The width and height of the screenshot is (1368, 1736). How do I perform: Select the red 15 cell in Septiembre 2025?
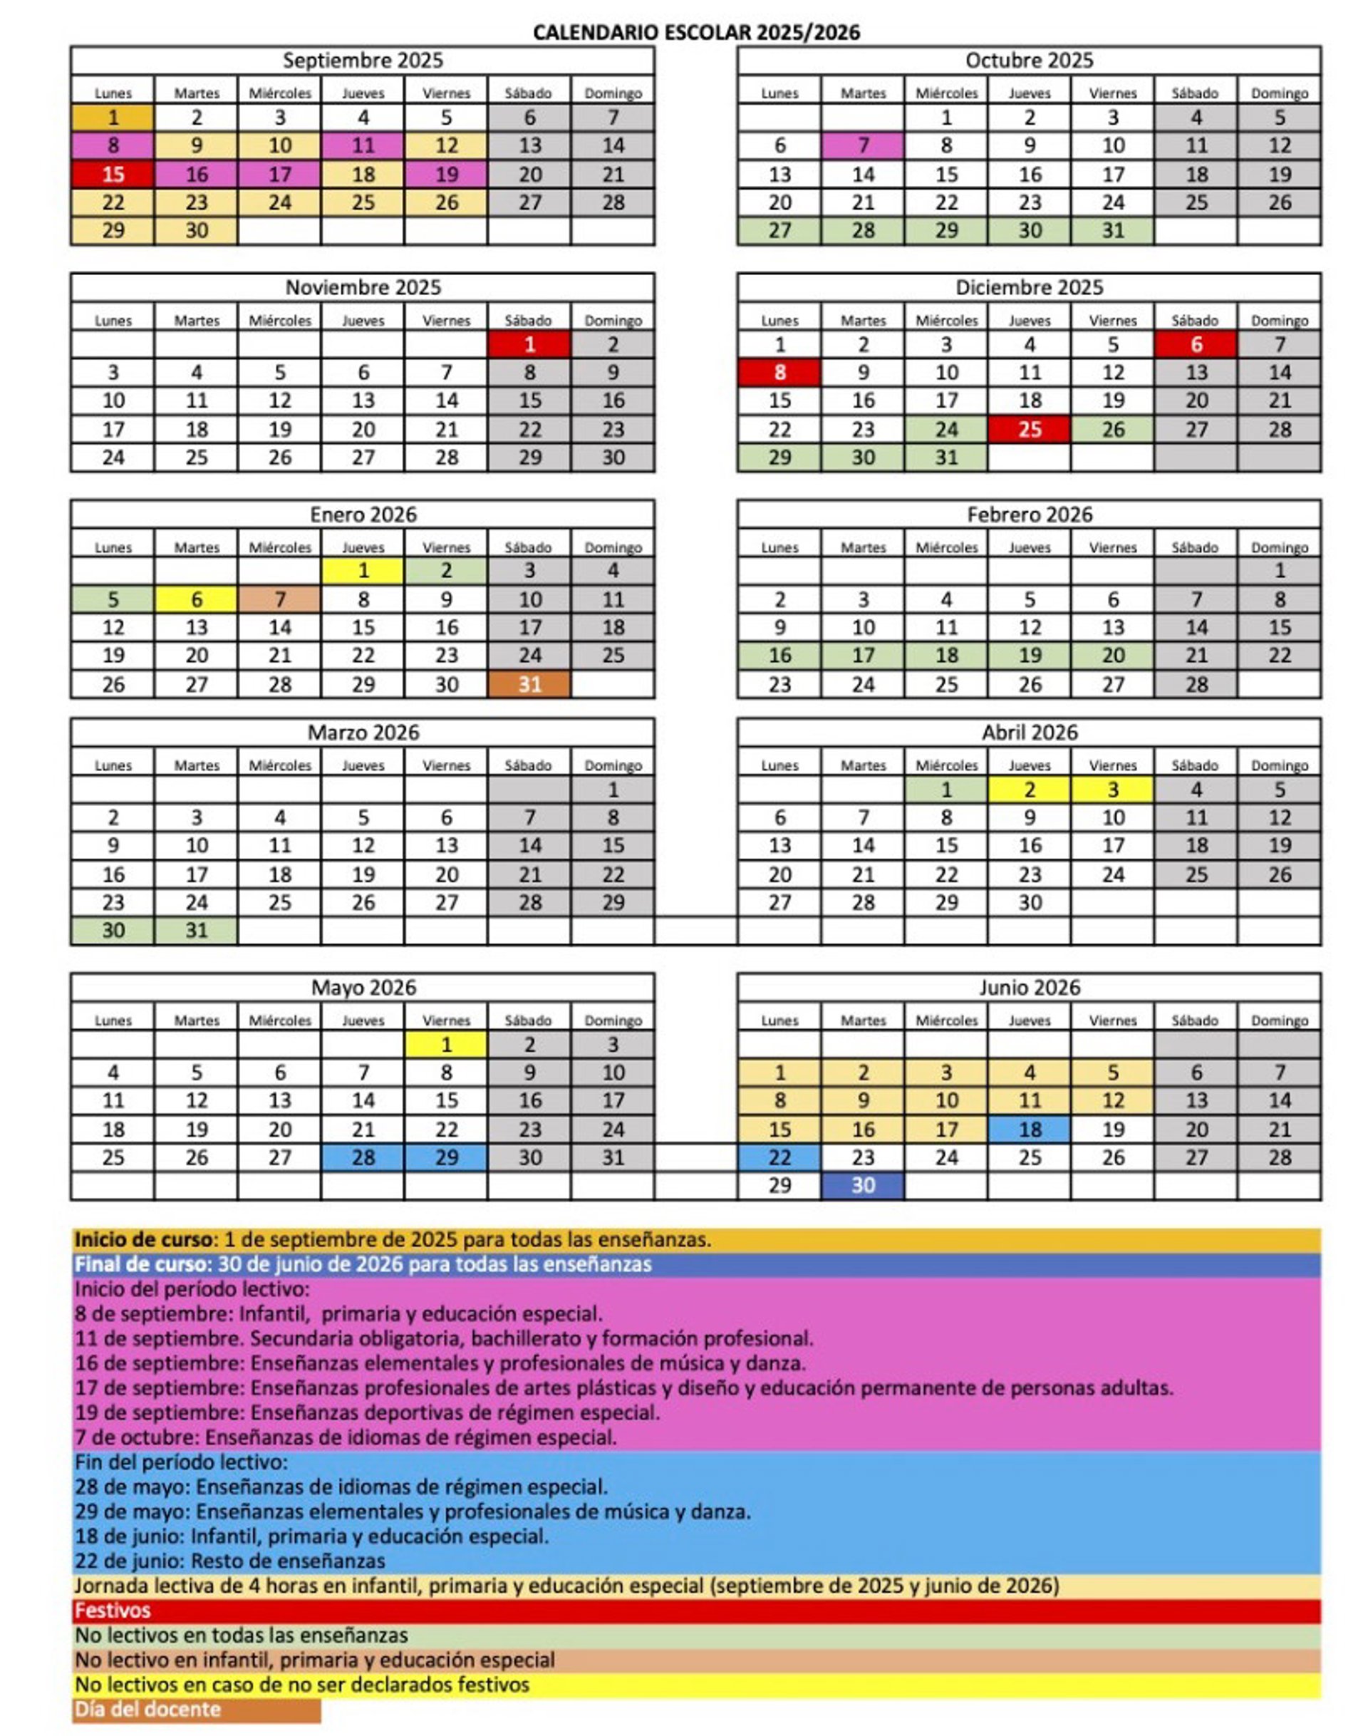click(113, 175)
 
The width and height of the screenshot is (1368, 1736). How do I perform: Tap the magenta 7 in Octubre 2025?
click(863, 146)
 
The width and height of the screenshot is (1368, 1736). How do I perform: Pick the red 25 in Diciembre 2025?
click(1029, 430)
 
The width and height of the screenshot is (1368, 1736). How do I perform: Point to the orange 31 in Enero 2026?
click(529, 684)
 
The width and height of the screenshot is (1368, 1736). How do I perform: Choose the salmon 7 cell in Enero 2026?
click(279, 599)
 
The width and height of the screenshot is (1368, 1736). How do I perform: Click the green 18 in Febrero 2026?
click(946, 656)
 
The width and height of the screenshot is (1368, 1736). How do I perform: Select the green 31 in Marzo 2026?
click(196, 930)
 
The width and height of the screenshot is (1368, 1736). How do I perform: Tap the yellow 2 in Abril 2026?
click(1029, 790)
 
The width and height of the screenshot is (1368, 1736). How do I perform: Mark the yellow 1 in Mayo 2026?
click(446, 1045)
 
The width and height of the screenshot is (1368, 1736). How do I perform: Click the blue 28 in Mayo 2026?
click(363, 1157)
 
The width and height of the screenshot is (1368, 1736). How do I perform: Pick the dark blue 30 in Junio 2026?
click(863, 1185)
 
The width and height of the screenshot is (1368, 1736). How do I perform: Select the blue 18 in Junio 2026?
click(1029, 1130)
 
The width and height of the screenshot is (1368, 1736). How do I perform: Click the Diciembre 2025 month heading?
click(1028, 288)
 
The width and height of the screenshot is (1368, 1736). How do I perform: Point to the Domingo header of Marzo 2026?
click(613, 766)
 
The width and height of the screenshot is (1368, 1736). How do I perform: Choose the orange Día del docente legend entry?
click(147, 1710)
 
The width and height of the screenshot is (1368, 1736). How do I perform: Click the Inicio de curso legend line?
click(393, 1239)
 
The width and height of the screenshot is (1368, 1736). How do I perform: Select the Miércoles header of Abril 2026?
click(946, 766)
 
